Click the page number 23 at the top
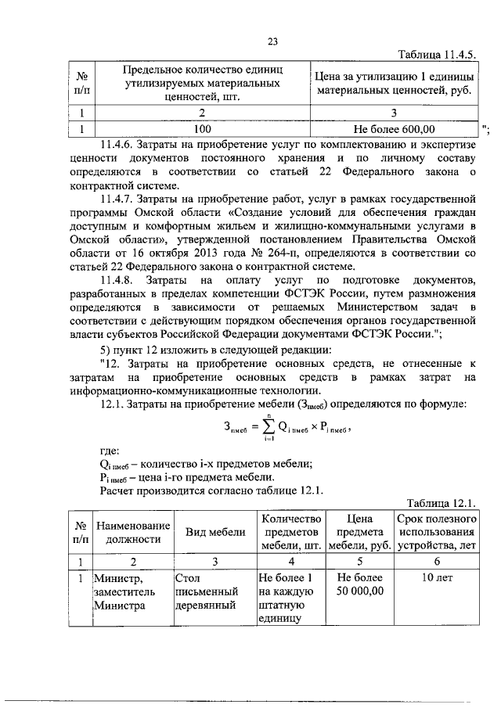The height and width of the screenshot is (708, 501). (273, 41)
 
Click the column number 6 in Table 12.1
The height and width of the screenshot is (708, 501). (437, 561)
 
